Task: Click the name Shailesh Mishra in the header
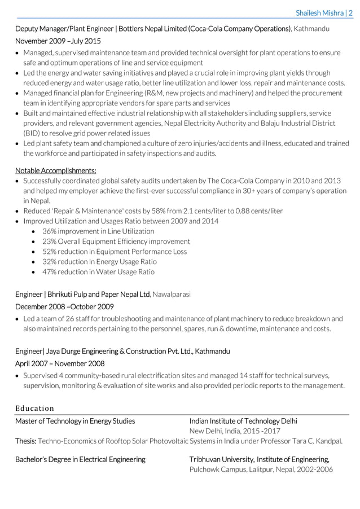coord(319,12)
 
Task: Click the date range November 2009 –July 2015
coord(58,41)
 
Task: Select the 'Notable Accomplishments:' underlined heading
coord(55,170)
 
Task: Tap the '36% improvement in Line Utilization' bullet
coord(98,231)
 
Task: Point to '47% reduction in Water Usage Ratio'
coord(98,272)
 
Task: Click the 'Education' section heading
coord(34,408)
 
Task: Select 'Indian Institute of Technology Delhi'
coord(243,421)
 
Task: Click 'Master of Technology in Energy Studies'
coord(75,421)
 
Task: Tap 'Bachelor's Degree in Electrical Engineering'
coord(80,459)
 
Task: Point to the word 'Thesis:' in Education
coord(26,441)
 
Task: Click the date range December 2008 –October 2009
coord(64,307)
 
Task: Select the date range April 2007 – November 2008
coord(60,363)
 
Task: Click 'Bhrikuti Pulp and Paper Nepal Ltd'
coord(99,295)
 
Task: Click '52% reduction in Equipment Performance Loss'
coord(115,252)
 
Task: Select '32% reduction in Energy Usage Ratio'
coord(99,262)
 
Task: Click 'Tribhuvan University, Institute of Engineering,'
coord(259,459)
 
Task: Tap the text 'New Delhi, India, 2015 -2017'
coord(235,431)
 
